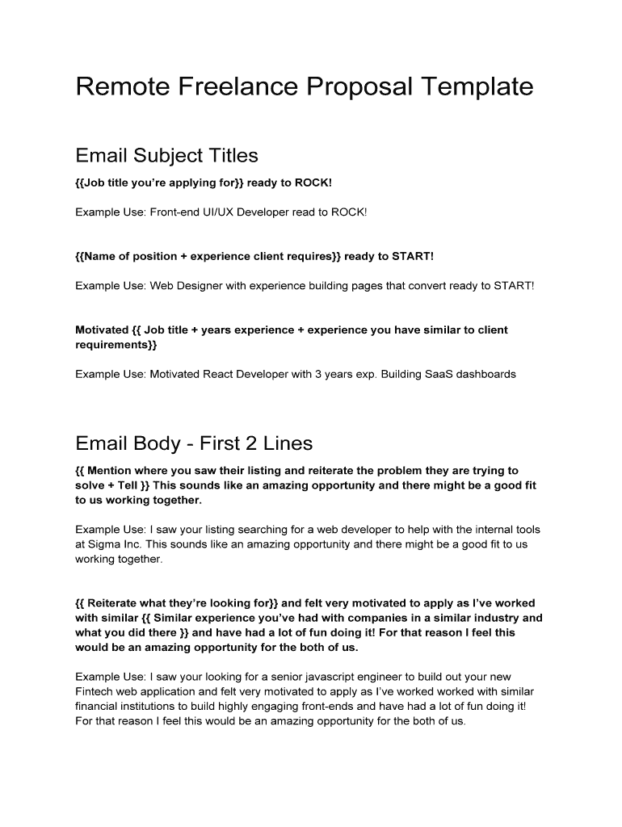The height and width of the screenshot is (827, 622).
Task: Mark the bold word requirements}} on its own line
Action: (116, 345)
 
